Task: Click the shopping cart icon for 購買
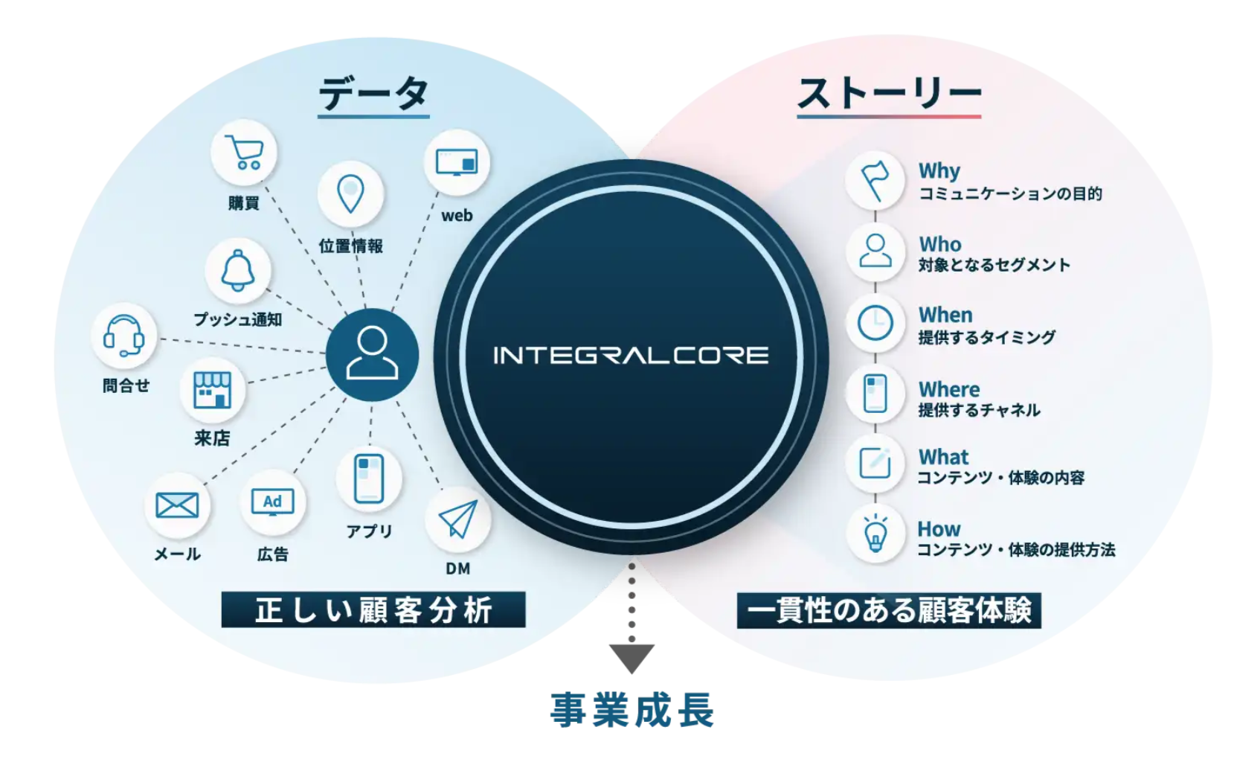pos(244,153)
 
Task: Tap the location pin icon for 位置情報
pos(350,193)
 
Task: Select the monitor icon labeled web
pos(457,162)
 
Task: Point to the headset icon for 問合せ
pos(124,336)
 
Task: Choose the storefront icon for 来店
pos(213,390)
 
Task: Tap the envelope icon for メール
pos(177,506)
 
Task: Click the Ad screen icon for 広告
pos(272,502)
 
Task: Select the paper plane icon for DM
pos(457,519)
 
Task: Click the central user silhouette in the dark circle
pos(372,355)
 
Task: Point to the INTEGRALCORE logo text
pos(631,355)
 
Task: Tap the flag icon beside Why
pos(875,180)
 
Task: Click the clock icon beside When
pos(875,323)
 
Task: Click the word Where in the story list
pos(949,389)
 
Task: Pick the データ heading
pos(373,95)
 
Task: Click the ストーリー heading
pos(889,95)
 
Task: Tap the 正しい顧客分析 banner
pos(373,610)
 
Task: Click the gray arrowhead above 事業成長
pos(632,657)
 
